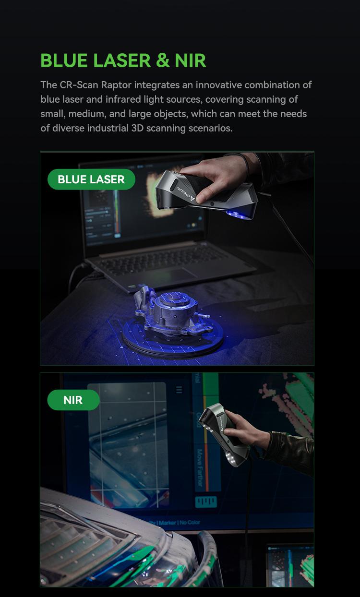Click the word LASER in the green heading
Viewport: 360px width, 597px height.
[122, 60]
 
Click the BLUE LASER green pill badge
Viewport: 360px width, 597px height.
[91, 179]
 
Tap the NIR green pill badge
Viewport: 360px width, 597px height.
[73, 400]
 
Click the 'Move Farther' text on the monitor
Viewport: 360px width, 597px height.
[200, 468]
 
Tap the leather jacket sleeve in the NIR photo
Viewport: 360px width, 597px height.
[290, 449]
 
